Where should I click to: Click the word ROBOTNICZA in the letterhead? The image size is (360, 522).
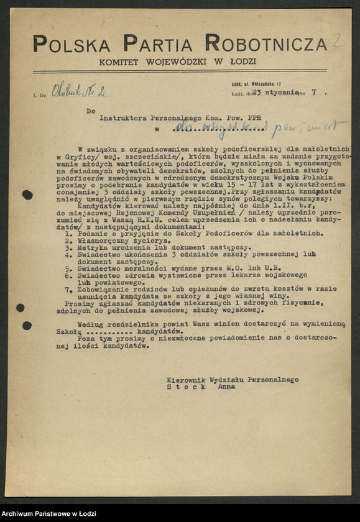[266, 44]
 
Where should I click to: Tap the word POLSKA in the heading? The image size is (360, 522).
[72, 44]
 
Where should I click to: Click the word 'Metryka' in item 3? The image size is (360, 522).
[92, 247]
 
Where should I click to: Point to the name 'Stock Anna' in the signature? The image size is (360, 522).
[201, 387]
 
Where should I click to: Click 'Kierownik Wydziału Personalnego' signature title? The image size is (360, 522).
[233, 379]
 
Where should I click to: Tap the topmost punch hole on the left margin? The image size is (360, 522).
[27, 195]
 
